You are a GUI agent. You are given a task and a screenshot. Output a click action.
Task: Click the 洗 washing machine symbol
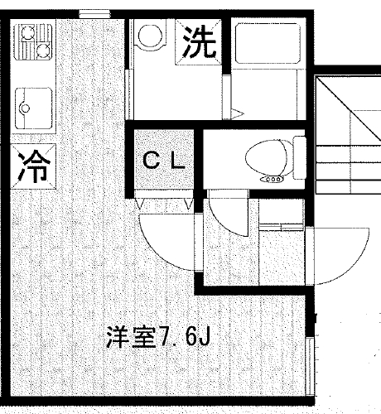198,42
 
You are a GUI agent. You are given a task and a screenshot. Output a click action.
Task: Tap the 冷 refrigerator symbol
33,166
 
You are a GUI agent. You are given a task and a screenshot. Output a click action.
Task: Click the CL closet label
164,161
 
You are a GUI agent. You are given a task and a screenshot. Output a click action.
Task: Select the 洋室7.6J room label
158,336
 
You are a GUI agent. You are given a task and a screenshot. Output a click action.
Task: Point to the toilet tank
299,157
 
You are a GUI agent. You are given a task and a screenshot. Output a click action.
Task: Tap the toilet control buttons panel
272,180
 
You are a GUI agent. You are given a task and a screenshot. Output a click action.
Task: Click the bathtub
268,43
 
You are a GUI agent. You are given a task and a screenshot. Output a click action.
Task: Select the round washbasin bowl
150,36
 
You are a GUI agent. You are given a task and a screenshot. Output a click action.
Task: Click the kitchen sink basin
34,108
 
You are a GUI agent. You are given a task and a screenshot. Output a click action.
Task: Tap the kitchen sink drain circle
26,108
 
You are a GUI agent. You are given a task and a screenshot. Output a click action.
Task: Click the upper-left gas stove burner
27,33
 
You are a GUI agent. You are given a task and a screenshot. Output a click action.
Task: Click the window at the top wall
94,14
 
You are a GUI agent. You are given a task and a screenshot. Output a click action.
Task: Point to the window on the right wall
310,366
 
